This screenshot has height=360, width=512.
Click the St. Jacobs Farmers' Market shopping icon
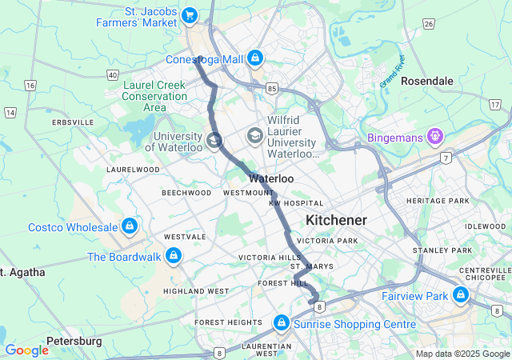(190, 14)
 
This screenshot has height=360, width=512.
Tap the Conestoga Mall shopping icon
(254, 58)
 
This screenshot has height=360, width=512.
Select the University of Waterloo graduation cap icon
(214, 141)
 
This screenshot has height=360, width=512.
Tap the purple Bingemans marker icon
(434, 137)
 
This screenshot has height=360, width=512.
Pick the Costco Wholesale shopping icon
(129, 227)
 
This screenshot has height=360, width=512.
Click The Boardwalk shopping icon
(173, 257)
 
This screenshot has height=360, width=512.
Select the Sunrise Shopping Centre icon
(281, 323)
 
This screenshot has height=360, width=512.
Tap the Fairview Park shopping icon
(460, 296)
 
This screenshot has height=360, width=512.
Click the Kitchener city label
(336, 220)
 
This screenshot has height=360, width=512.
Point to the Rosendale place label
(426, 82)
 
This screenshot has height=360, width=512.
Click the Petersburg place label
(74, 341)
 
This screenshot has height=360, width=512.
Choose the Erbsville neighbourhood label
(72, 122)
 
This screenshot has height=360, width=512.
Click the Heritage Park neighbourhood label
(438, 201)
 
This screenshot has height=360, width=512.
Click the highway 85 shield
(273, 87)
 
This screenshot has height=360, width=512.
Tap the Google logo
(26, 350)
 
